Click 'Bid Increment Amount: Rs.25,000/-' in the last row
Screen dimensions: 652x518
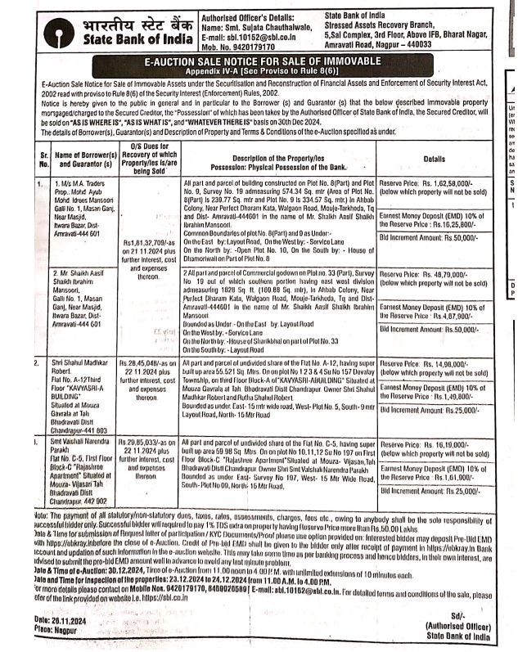point(432,491)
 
